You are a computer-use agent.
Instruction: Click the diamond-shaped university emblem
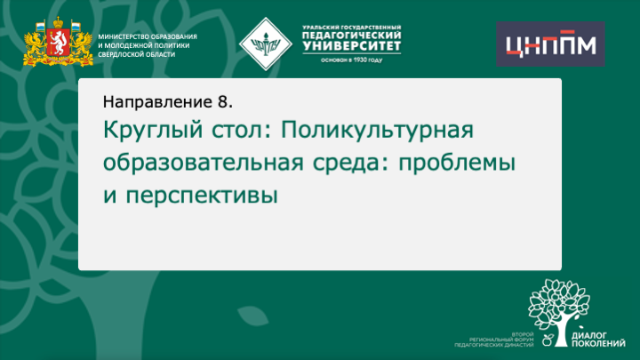tap(266, 40)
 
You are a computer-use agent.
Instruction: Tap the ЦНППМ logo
tap(549, 44)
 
